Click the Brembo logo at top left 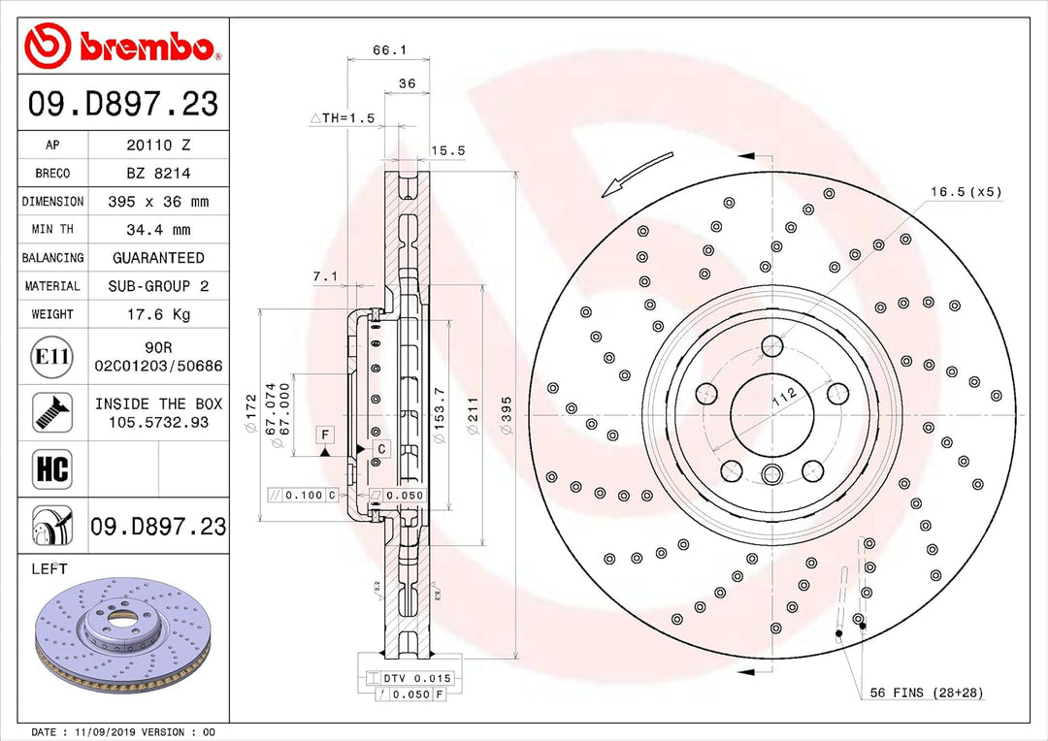[116, 45]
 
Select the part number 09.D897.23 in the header [122, 104]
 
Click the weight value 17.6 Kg [158, 314]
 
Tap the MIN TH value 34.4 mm [158, 230]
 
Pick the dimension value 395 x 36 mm [158, 202]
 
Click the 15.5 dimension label [447, 150]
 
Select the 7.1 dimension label [325, 276]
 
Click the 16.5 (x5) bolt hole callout [965, 192]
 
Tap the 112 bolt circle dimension [784, 395]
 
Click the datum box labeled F [324, 435]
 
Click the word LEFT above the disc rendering [49, 569]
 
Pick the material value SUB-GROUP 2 [158, 286]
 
